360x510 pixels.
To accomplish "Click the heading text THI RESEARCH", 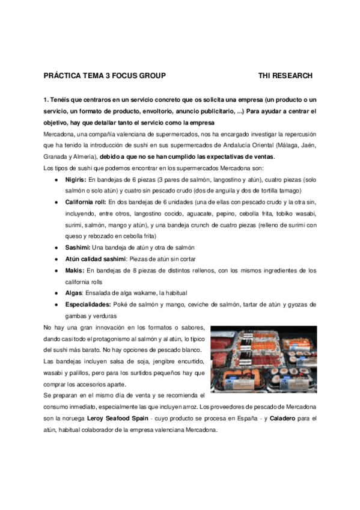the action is [x=285, y=76].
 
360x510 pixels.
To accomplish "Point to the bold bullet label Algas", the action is [x=75, y=293].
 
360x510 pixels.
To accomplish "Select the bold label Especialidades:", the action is [x=89, y=305].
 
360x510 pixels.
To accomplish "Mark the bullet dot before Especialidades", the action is [x=56, y=305].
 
